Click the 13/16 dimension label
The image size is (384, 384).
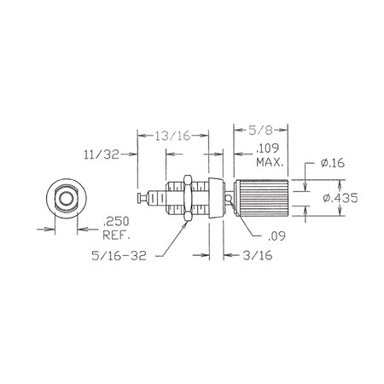[x=172, y=136]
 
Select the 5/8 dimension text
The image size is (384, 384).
[x=260, y=131]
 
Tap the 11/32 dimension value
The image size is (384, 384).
[x=102, y=154]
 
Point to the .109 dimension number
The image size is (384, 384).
[x=267, y=148]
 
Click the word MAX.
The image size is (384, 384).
[x=270, y=162]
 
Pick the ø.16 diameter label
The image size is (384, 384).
[x=333, y=163]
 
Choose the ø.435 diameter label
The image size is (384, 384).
[x=340, y=198]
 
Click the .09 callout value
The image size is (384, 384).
[x=276, y=236]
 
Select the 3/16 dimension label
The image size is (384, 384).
[x=258, y=255]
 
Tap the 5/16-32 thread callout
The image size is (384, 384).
[x=119, y=255]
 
